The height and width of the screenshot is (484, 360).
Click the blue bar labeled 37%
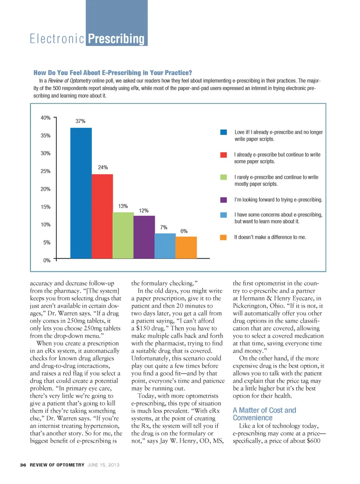[x=81, y=193]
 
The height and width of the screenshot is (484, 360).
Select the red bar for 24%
[x=102, y=216]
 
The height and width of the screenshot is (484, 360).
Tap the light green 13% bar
[x=123, y=235]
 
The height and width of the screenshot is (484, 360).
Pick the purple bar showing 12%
[x=144, y=237]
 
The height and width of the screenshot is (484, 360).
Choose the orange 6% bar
[x=186, y=247]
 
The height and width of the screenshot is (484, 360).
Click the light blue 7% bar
[x=165, y=246]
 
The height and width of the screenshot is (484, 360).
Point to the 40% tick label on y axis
[x=45, y=118]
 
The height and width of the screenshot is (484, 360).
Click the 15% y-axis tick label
[x=45, y=207]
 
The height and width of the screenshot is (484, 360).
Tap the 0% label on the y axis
[x=46, y=260]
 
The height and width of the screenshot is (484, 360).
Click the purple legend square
[x=223, y=200]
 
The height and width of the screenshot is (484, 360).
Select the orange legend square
[x=223, y=237]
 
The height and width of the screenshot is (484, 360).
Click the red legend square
[x=223, y=155]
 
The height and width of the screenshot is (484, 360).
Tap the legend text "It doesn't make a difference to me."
[x=270, y=237]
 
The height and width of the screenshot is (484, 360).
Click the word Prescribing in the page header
[x=116, y=39]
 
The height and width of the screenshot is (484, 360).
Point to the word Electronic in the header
[x=57, y=39]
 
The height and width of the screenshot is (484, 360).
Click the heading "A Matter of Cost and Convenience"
[x=264, y=414]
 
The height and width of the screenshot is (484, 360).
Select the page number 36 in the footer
[x=23, y=465]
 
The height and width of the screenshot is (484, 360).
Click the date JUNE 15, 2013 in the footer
[x=103, y=465]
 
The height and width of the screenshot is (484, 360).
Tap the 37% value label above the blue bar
[x=81, y=121]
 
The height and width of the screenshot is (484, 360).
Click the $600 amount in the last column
[x=313, y=441]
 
